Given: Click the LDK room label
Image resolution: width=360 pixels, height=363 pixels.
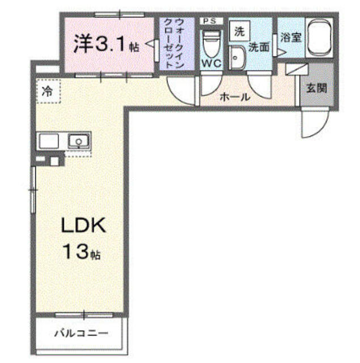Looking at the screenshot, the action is pos(83,225).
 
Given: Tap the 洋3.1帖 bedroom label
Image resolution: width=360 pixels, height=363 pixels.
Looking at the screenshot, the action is pos(107,44).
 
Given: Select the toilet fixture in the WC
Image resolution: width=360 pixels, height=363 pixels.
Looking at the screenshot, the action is pos(211,44).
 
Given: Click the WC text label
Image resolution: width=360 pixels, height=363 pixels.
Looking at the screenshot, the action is pos(211,63).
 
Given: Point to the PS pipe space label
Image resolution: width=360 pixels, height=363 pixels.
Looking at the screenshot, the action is pos(210,21).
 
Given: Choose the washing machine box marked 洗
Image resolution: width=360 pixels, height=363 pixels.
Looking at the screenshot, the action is pos(239,31).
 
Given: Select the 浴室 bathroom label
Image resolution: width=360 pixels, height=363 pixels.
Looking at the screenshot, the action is pos(291,37).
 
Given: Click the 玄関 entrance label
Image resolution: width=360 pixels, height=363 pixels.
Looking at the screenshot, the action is pos(316,88).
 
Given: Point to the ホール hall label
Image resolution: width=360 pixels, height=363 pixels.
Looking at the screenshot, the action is pos(235,97).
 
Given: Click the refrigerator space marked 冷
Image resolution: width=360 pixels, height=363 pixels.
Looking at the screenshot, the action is pos(48,91).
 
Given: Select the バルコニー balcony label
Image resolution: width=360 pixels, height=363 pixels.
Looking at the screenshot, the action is pos(81,333).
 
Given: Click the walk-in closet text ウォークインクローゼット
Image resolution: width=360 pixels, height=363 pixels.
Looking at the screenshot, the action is pos(173,43).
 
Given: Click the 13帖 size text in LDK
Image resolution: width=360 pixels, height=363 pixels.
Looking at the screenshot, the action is pos(82,252).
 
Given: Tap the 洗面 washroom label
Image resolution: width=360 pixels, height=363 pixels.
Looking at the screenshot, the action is pos(259,48).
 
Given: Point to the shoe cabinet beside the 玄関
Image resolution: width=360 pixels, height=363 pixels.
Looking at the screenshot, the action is pos(297,69).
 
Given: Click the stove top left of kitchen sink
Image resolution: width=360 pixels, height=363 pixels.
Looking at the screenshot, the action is pos(49,141).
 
